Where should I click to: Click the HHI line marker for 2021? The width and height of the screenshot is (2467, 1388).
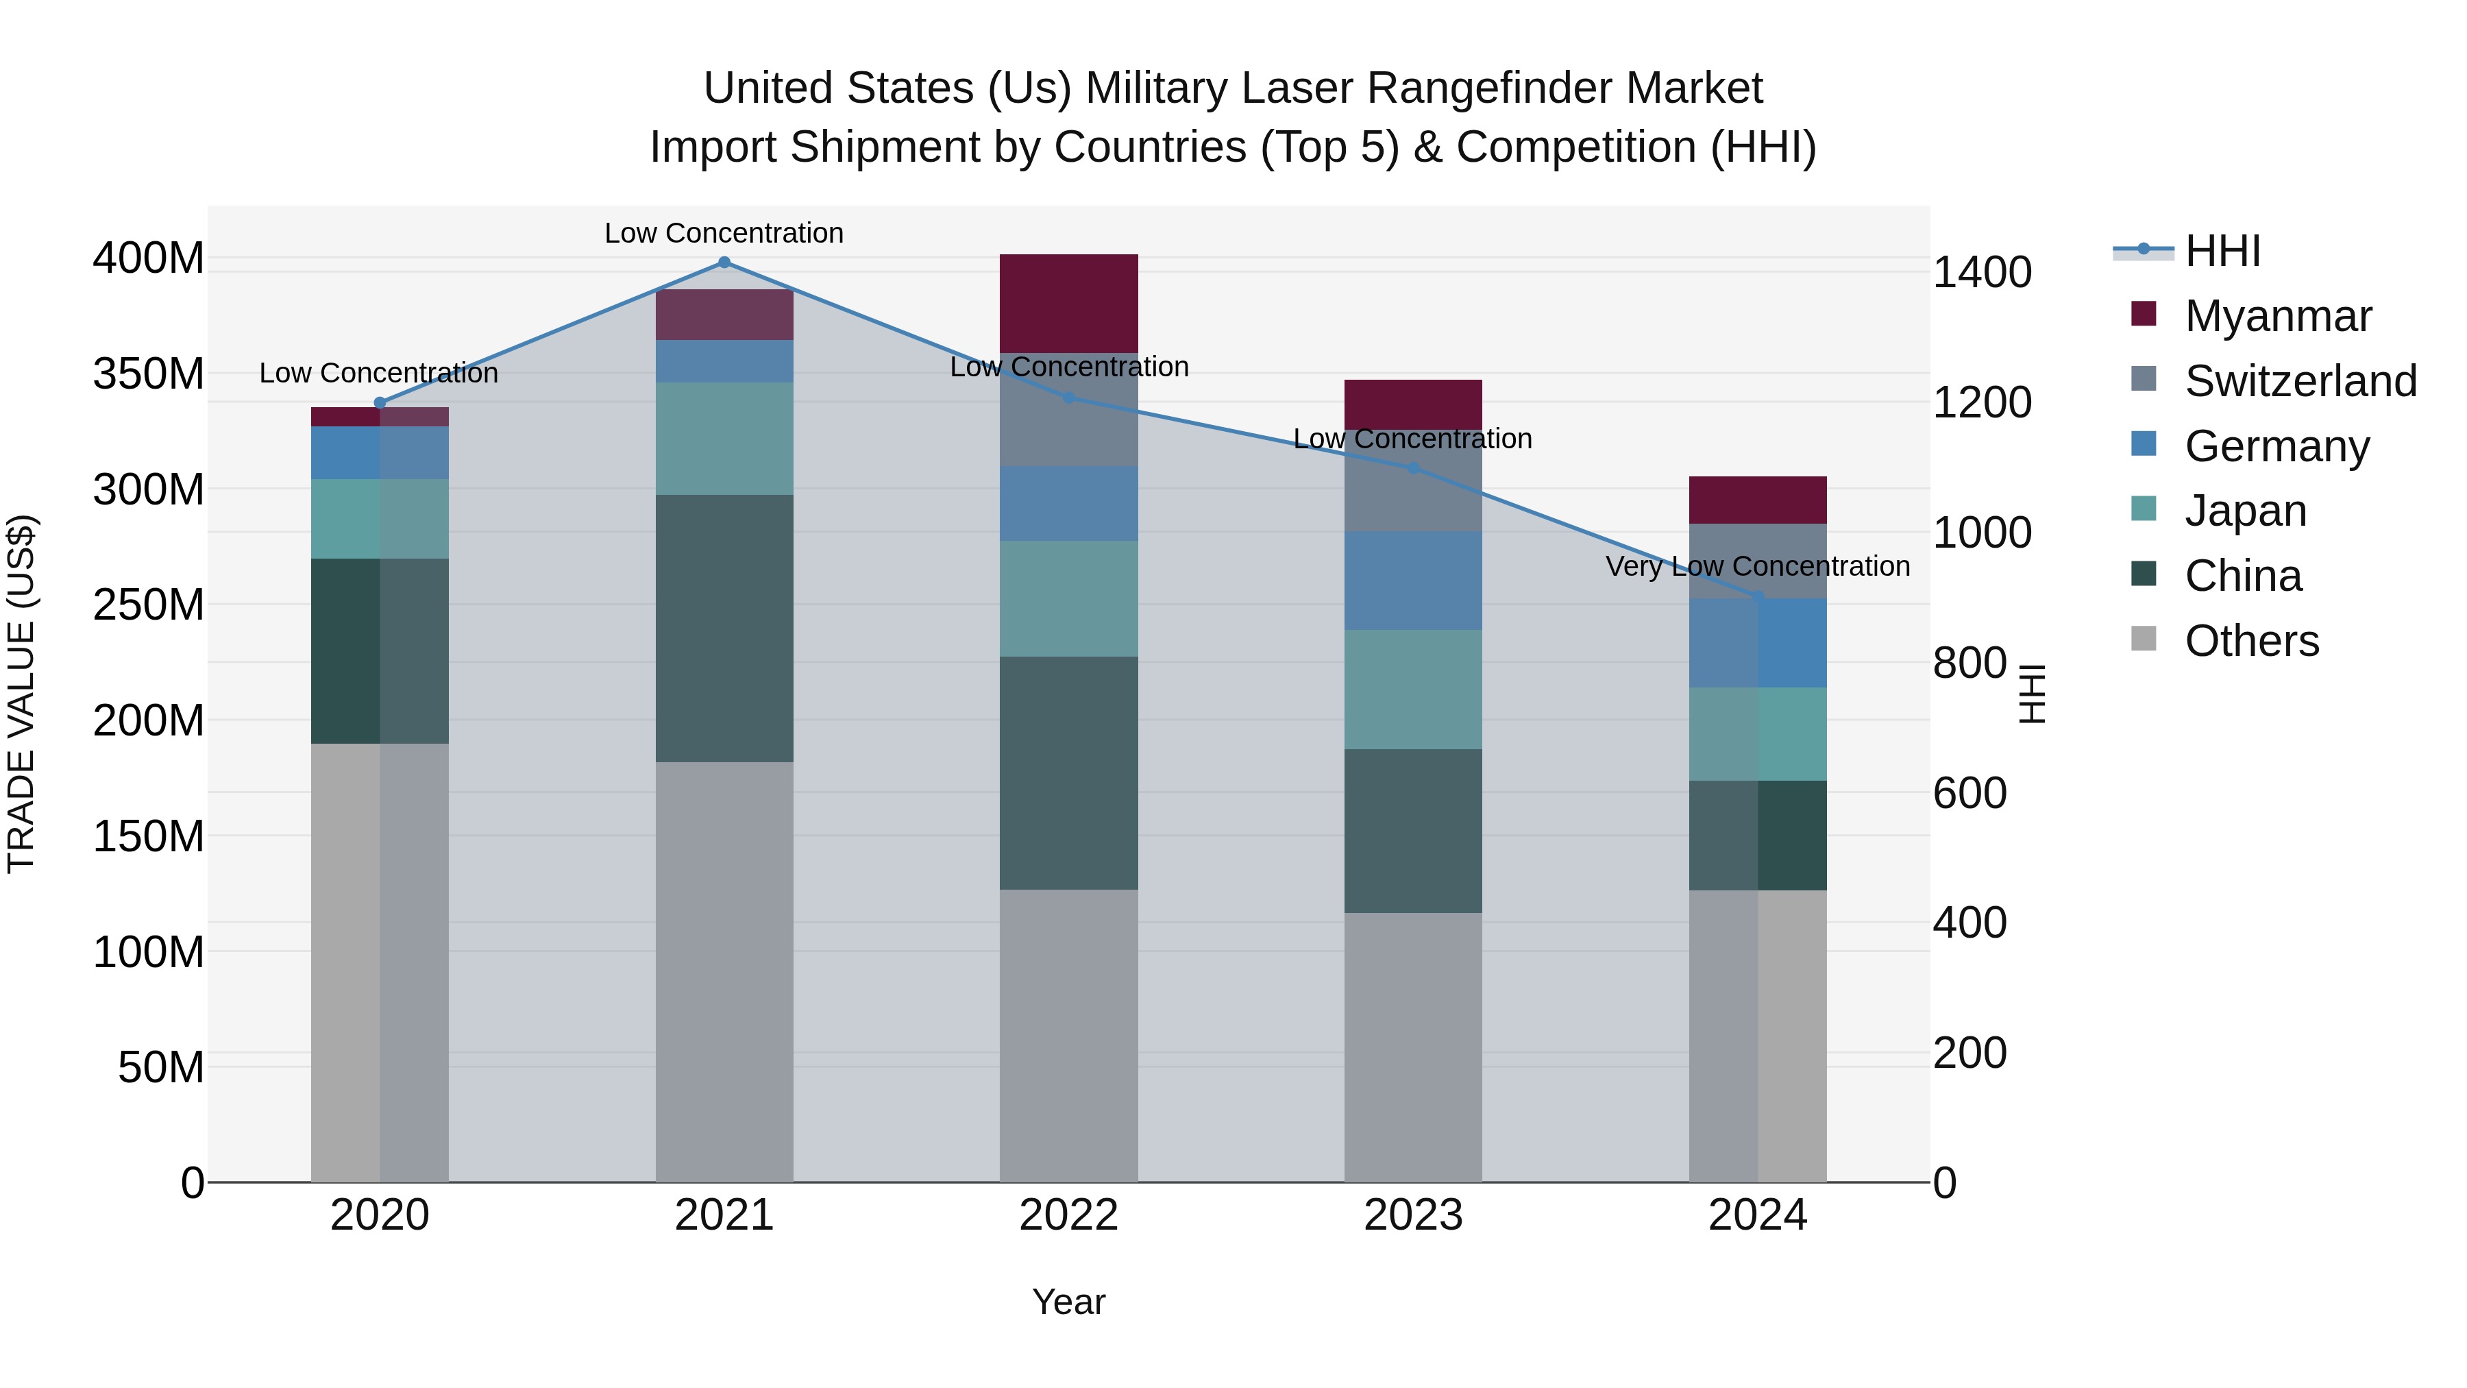click(724, 263)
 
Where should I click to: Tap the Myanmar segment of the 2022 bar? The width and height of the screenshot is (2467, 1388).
click(1069, 304)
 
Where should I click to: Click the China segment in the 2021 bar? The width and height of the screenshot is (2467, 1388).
click(724, 629)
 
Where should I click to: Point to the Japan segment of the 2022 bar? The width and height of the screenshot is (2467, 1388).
click(1069, 598)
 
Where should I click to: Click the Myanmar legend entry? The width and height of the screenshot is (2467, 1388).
click(2277, 316)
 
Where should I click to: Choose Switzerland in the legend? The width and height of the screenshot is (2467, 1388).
click(2299, 381)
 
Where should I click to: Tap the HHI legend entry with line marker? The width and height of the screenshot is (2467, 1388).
click(2222, 251)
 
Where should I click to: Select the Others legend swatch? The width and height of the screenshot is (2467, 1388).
click(2144, 639)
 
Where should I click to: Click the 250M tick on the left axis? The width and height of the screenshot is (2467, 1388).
click(149, 605)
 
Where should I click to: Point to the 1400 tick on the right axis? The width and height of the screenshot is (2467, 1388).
click(1981, 273)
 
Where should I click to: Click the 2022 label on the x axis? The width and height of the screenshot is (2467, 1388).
click(1069, 1215)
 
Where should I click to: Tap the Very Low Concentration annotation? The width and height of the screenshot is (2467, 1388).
click(1757, 566)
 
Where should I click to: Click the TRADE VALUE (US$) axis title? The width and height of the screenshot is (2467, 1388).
click(21, 694)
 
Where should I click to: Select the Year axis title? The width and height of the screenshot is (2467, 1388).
click(1069, 1302)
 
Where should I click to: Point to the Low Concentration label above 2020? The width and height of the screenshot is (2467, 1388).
click(378, 373)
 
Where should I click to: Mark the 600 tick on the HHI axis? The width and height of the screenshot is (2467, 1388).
click(1969, 793)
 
